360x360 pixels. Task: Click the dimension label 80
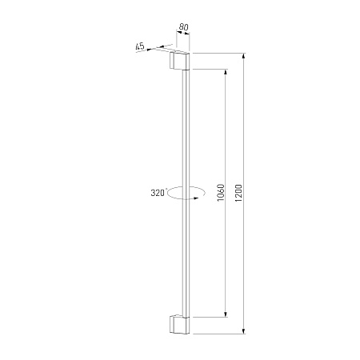point(183,27)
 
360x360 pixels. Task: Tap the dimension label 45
point(140,46)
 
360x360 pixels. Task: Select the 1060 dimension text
point(221,193)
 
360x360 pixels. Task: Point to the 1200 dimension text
point(238,193)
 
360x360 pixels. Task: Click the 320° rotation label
point(158,193)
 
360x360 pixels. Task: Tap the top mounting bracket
point(179,61)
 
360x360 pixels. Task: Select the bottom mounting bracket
point(179,325)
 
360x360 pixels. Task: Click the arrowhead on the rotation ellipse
point(197,198)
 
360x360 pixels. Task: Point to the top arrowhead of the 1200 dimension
point(243,56)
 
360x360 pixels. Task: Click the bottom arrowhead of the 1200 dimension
point(243,330)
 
